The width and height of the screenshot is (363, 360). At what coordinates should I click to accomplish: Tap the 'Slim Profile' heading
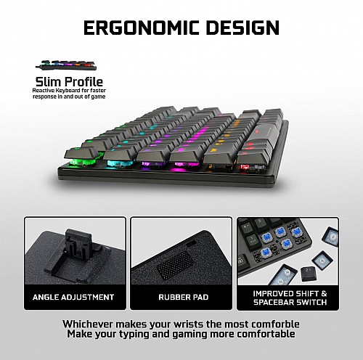(69, 81)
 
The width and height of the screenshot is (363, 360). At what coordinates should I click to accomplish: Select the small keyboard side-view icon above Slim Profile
(69, 66)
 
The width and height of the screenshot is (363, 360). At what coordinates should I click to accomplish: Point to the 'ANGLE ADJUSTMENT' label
(73, 297)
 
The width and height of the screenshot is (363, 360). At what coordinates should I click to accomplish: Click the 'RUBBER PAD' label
(181, 297)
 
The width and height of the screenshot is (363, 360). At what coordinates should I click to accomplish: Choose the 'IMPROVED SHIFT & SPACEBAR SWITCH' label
(289, 297)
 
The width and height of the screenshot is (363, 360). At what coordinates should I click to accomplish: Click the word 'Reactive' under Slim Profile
(46, 91)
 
